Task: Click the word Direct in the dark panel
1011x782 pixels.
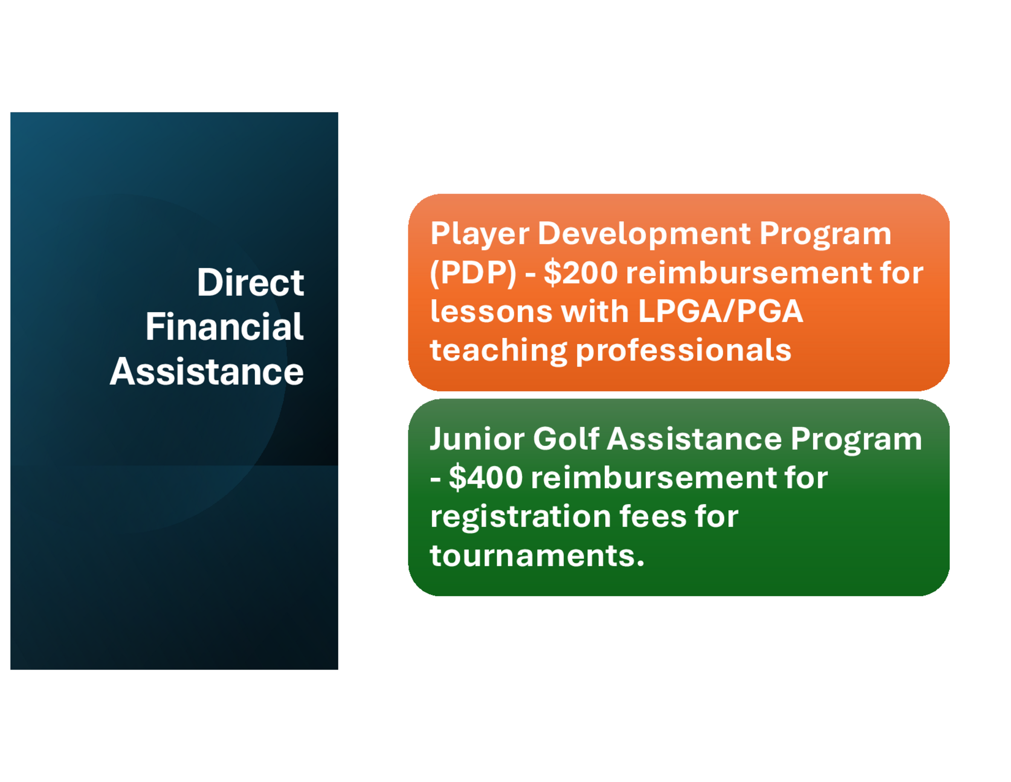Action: (x=250, y=282)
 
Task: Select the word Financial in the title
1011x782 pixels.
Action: (x=225, y=326)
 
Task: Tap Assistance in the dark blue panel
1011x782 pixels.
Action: (x=207, y=371)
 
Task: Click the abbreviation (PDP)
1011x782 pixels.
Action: (x=473, y=273)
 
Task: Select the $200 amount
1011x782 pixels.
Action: (x=581, y=273)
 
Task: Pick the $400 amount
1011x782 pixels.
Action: (x=486, y=477)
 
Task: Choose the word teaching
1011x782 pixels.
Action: (x=499, y=351)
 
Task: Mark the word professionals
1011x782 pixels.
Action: (x=683, y=351)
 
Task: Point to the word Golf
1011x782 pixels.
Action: (x=566, y=438)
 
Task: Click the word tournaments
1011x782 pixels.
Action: (x=537, y=555)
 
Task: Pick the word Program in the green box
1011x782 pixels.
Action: (x=856, y=439)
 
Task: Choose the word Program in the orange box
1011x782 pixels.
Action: (x=825, y=234)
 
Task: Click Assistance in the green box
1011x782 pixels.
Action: (x=694, y=438)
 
